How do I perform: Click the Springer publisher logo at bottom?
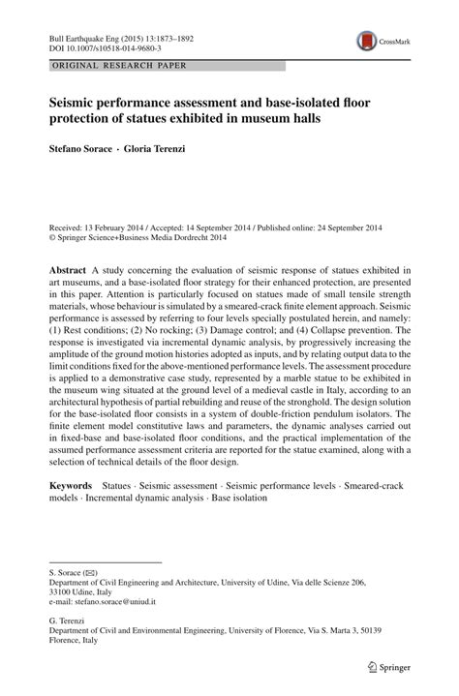[x=387, y=668]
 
